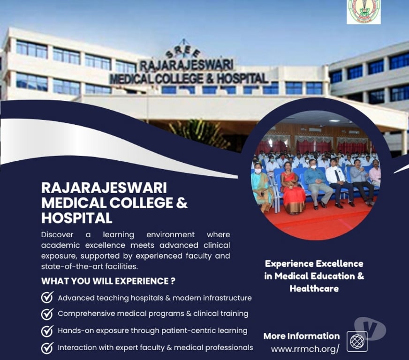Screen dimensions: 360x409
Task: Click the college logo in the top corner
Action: click(x=364, y=12)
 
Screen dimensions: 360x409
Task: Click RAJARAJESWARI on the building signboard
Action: click(x=186, y=65)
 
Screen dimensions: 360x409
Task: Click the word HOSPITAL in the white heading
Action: click(x=77, y=218)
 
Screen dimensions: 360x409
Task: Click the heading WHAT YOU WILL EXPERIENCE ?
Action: click(x=108, y=281)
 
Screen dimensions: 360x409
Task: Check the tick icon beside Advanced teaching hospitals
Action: click(x=47, y=298)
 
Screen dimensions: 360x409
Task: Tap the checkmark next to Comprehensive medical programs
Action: click(x=47, y=314)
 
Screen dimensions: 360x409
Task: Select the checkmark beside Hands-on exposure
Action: click(x=47, y=330)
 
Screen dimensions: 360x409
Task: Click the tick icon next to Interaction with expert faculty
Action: click(x=47, y=348)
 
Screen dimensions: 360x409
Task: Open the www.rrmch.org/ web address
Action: click(x=305, y=349)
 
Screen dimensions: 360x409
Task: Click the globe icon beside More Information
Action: click(x=357, y=341)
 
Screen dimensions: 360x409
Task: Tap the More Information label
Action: click(x=301, y=336)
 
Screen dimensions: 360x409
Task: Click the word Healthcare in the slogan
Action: click(x=314, y=288)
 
